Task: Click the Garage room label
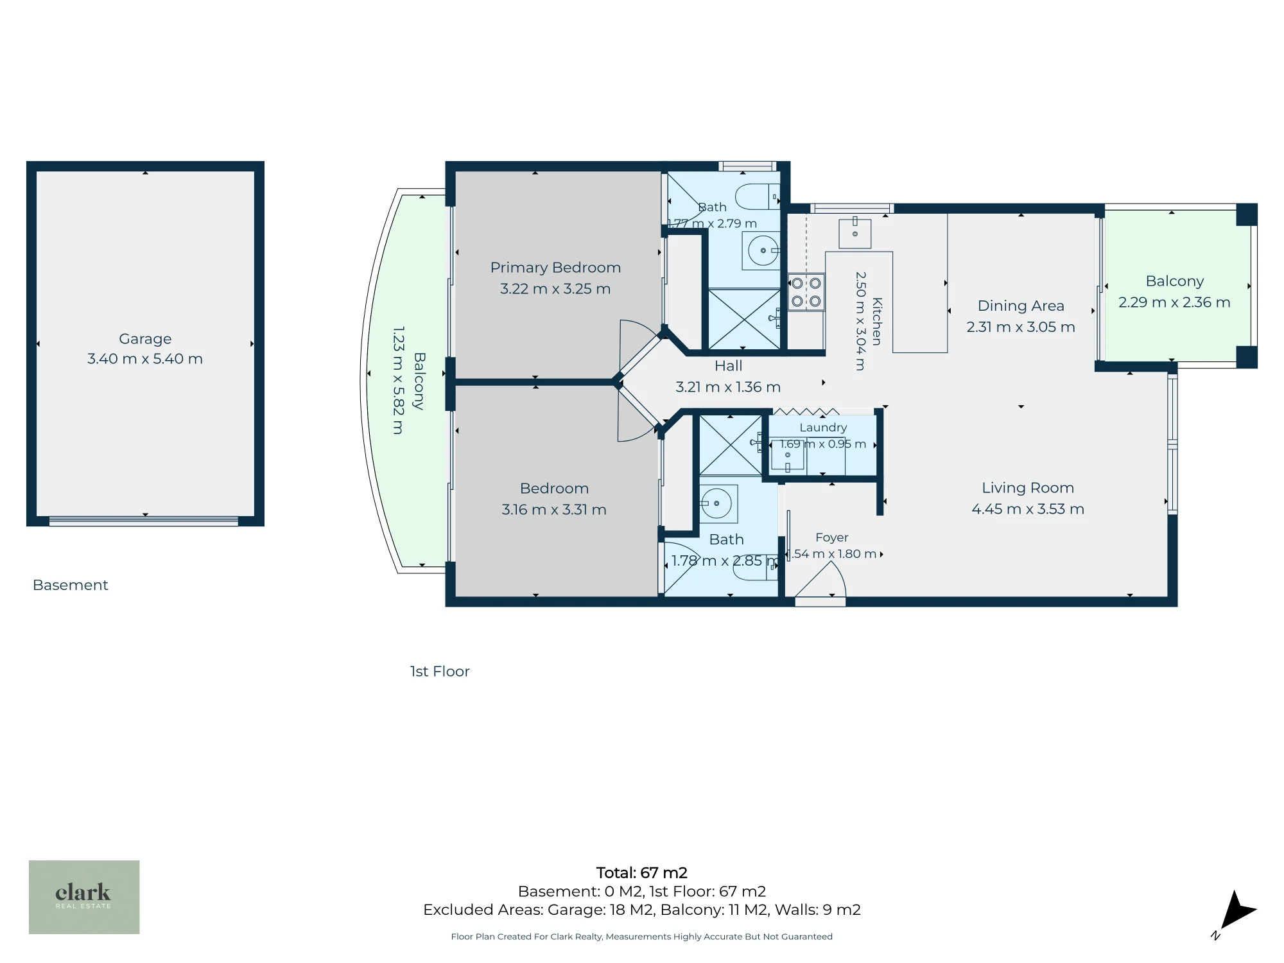(145, 339)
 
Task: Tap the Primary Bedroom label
(555, 268)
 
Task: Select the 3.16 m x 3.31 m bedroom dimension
(554, 510)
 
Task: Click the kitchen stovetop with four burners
(806, 292)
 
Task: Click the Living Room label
(1028, 488)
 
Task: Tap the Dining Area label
(1021, 306)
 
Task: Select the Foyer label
(832, 537)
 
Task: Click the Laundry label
(823, 428)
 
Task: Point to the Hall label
(728, 366)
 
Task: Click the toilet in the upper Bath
(757, 196)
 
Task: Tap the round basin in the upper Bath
(763, 250)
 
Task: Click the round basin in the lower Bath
(716, 503)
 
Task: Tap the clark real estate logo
(84, 897)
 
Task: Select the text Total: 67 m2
(641, 873)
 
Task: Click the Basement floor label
(71, 586)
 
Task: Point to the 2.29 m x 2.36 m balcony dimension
(1174, 302)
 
